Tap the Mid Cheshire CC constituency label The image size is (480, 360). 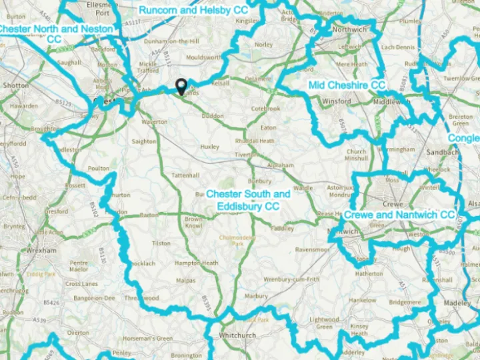(347, 85)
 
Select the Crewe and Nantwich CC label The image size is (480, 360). (399, 215)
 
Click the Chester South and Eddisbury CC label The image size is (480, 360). (248, 200)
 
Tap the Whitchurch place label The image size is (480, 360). (237, 335)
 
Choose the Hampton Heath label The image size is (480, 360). (196, 263)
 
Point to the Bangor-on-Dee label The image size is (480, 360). (94, 297)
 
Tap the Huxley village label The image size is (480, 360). (209, 146)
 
